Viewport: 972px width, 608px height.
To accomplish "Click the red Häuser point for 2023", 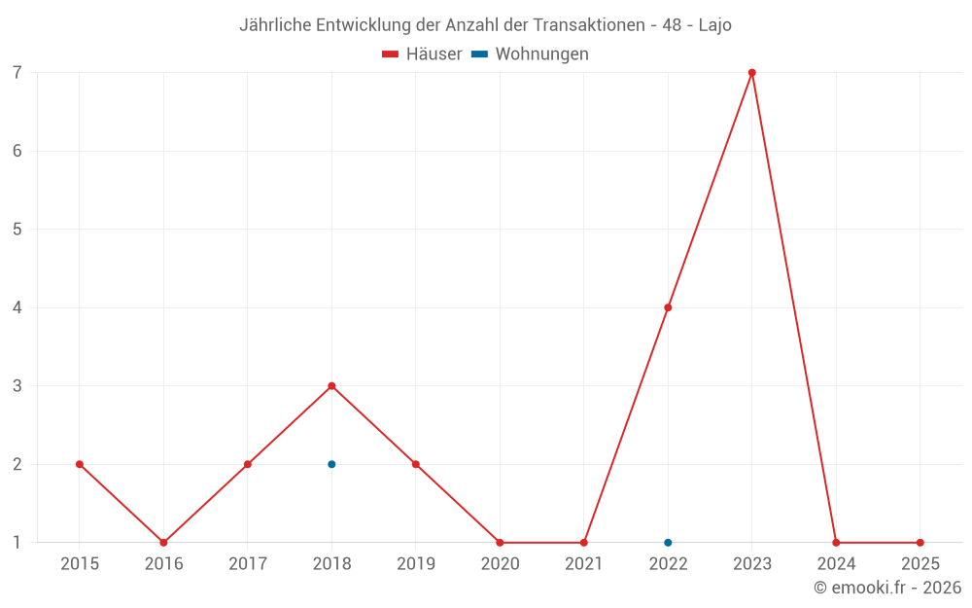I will pyautogui.click(x=752, y=73).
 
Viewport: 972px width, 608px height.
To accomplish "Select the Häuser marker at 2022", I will pyautogui.click(x=668, y=307).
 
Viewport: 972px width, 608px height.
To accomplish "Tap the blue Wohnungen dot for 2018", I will pyautogui.click(x=331, y=464).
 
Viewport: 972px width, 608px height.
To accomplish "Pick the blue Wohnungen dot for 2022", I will pyautogui.click(x=668, y=543).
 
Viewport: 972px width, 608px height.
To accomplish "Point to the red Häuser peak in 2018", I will pyautogui.click(x=331, y=386).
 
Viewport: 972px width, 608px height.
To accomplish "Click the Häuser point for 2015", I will pyautogui.click(x=80, y=464).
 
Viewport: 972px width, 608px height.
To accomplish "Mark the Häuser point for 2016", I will pyautogui.click(x=163, y=543).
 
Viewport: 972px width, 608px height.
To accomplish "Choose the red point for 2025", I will pyautogui.click(x=920, y=543).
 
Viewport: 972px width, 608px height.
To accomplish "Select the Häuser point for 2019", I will pyautogui.click(x=416, y=464).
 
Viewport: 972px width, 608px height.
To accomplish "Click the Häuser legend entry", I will pyautogui.click(x=423, y=54).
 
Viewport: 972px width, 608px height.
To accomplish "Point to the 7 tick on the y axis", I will pyautogui.click(x=17, y=73).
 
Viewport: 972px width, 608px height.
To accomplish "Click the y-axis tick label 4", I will pyautogui.click(x=17, y=307).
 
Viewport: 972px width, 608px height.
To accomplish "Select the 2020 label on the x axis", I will pyautogui.click(x=500, y=564).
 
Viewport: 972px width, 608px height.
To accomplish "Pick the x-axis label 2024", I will pyautogui.click(x=836, y=564).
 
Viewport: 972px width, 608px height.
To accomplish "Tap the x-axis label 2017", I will pyautogui.click(x=248, y=564).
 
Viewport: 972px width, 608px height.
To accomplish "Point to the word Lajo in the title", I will pyautogui.click(x=715, y=25).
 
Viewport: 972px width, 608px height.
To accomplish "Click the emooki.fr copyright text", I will pyautogui.click(x=887, y=588).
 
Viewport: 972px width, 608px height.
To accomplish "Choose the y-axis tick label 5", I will pyautogui.click(x=17, y=230).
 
